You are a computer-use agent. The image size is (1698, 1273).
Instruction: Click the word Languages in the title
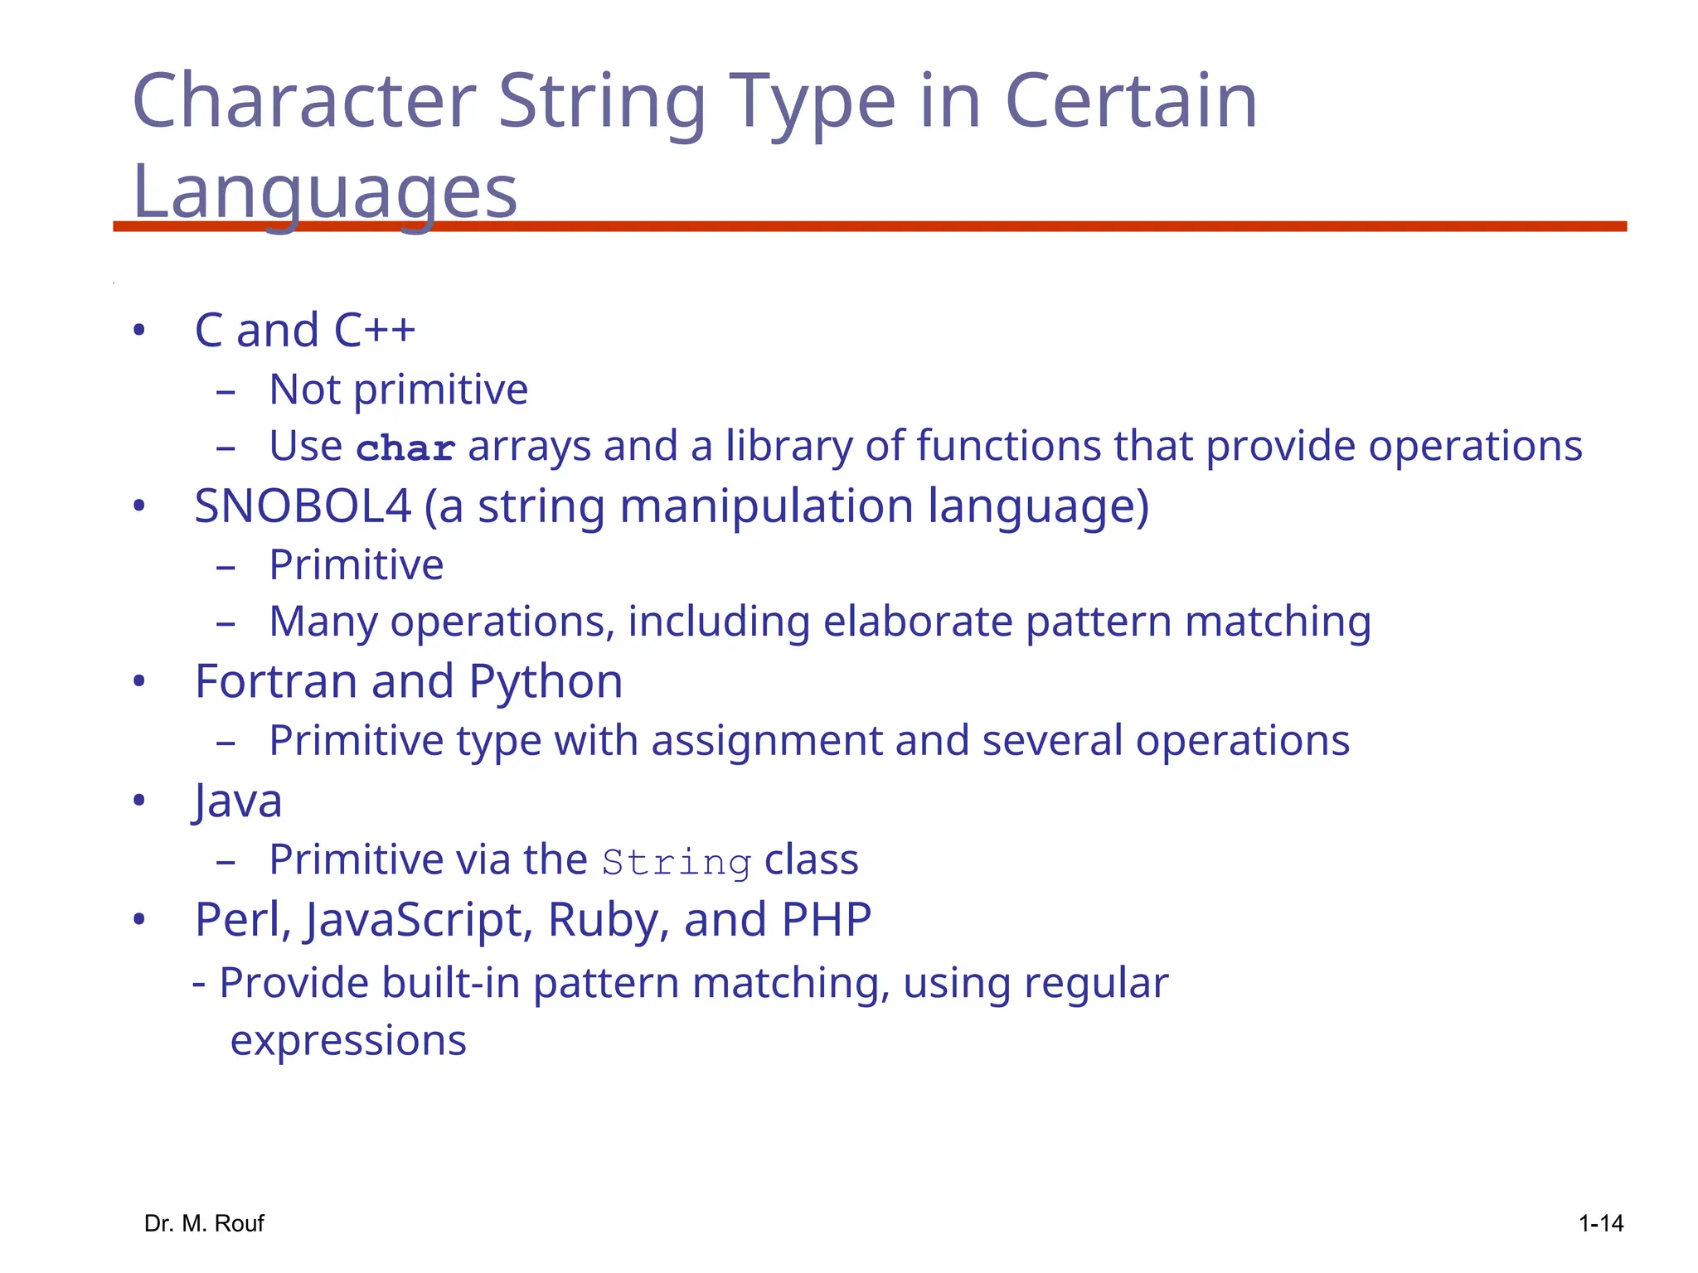324,192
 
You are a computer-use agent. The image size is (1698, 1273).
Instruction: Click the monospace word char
405,448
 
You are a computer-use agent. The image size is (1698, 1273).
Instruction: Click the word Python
546,683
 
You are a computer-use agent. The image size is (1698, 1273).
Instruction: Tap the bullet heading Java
238,801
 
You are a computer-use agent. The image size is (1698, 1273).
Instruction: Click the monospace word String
677,862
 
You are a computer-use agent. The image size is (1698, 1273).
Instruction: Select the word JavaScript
417,920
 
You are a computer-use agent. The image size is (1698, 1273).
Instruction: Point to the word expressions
348,1041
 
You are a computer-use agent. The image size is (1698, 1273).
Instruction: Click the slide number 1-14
1600,1223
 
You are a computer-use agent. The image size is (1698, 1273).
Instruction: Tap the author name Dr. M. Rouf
204,1223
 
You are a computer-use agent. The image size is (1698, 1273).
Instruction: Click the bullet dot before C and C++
139,331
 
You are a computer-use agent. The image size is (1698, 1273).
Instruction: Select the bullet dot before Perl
139,920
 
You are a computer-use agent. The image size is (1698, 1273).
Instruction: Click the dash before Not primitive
226,390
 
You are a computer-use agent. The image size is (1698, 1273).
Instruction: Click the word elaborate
918,622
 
